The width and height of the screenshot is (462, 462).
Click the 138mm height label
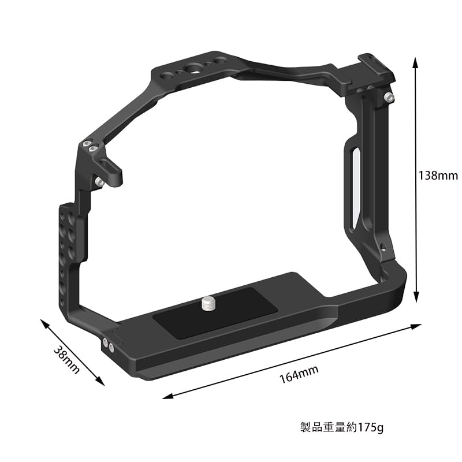click(438, 175)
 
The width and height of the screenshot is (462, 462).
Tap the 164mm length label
click(299, 375)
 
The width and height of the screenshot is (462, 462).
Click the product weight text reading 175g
click(342, 428)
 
